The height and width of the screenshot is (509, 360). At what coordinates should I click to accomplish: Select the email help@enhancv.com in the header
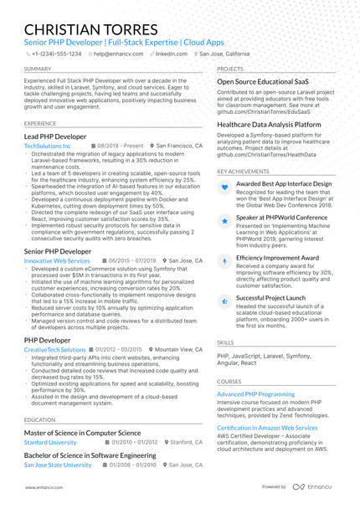point(117,53)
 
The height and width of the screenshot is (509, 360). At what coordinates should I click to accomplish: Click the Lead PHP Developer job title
point(54,136)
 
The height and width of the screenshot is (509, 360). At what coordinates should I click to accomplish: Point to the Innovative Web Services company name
point(57,261)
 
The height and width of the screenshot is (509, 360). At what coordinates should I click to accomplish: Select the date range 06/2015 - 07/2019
point(126,261)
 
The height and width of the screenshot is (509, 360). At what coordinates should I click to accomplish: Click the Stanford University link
point(50,441)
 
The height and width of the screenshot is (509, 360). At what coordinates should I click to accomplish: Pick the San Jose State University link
point(58,464)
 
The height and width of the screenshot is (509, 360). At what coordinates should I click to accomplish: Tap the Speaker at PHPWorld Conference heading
point(282,218)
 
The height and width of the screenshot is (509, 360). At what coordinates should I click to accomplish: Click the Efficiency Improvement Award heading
point(277,258)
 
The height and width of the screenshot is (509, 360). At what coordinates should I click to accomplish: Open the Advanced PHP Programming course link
point(255,393)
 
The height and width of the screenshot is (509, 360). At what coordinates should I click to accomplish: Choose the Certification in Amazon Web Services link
point(267,428)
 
